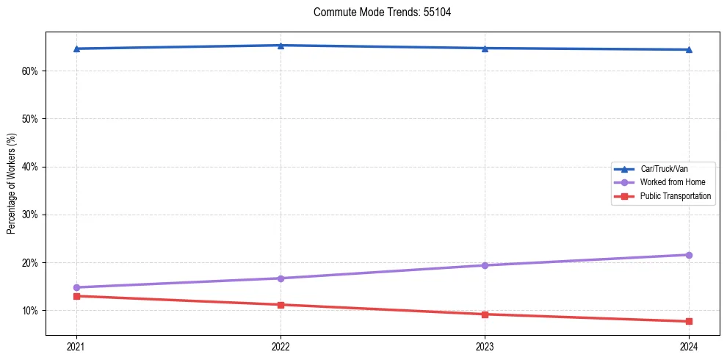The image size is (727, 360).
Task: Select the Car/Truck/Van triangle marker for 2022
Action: pos(281,46)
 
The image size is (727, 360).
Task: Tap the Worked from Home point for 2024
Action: pos(689,255)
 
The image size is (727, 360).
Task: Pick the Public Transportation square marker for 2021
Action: pos(76,296)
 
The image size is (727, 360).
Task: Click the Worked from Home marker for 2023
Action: pos(485,265)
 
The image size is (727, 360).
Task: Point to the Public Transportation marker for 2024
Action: pos(689,321)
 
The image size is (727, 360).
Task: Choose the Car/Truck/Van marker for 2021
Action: pos(76,48)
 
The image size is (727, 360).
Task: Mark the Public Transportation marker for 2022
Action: pos(281,305)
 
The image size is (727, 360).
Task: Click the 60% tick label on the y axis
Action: pos(30,71)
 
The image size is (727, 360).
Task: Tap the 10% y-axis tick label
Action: pos(30,311)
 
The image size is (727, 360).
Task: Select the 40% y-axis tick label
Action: pos(30,167)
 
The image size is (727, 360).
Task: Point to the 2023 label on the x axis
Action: pos(485,347)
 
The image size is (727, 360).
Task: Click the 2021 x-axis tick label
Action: pos(76,347)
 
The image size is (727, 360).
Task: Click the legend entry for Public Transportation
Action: pos(675,196)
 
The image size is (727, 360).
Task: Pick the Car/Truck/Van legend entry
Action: pos(664,168)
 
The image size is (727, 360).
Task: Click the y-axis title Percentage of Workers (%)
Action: pos(12,182)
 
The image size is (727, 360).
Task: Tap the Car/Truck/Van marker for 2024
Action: pos(689,50)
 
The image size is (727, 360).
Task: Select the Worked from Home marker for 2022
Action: pos(281,278)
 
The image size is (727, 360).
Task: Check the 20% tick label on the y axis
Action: pos(30,263)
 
